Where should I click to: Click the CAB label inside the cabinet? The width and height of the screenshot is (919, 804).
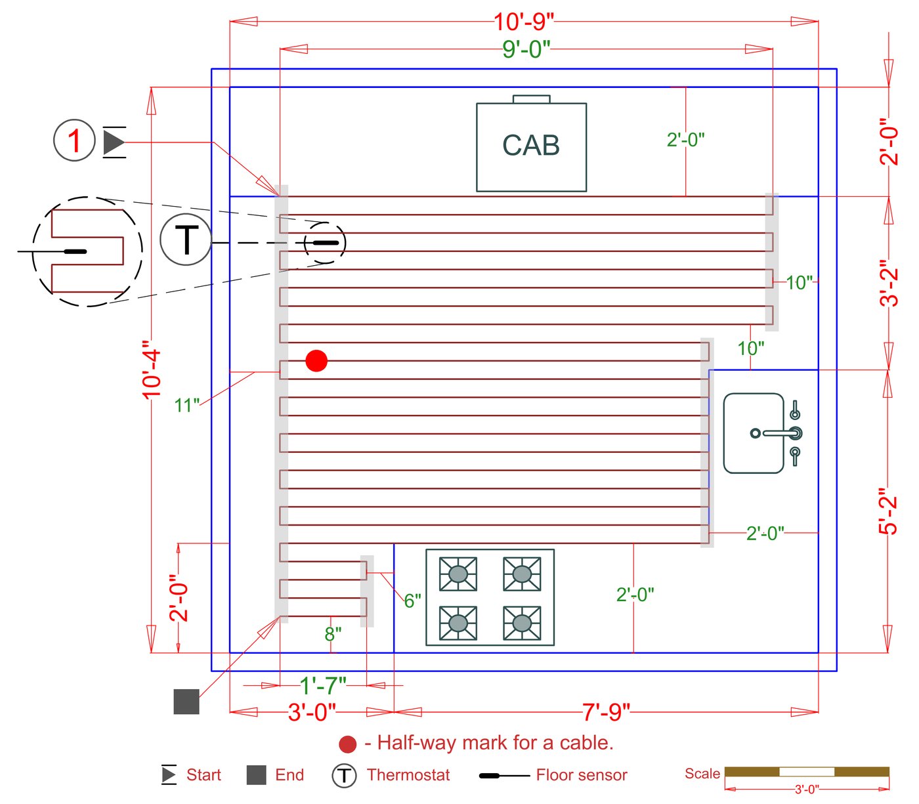[x=530, y=146]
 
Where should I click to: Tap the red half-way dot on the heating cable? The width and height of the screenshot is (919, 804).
[x=316, y=361]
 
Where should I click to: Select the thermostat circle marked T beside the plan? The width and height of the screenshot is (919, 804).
[x=186, y=240]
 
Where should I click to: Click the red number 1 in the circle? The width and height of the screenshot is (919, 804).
[x=75, y=140]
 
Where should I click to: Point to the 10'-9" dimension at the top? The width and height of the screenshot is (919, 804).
[x=524, y=22]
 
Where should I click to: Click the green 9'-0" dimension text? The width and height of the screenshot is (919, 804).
[x=526, y=49]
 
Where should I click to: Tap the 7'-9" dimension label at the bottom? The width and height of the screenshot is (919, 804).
[x=606, y=712]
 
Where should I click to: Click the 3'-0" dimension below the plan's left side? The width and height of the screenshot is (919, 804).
[x=312, y=712]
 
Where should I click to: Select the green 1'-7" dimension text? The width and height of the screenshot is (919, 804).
[x=323, y=686]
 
